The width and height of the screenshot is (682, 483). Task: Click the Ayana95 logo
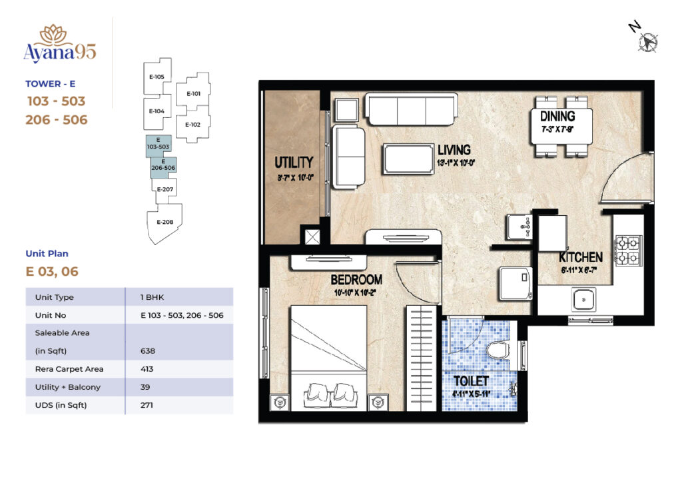pos(60,45)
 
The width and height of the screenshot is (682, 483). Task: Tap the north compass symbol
pos(644,41)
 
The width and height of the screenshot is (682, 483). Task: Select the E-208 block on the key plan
pos(164,222)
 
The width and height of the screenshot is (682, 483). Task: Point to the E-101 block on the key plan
pos(193,94)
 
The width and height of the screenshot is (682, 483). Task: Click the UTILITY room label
pos(294,163)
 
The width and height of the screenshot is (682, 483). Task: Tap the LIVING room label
pos(454,149)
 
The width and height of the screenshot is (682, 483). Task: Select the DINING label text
pos(557,117)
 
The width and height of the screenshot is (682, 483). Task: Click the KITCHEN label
pos(580,257)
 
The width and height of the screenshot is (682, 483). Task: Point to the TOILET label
pos(472,381)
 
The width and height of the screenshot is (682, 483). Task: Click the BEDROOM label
pos(357,280)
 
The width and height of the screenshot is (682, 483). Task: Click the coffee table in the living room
pos(407,159)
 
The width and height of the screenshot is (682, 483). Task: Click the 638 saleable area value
pos(149,350)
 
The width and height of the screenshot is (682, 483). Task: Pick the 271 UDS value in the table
pos(147,404)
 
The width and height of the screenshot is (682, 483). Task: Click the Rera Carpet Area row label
pos(69,369)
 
